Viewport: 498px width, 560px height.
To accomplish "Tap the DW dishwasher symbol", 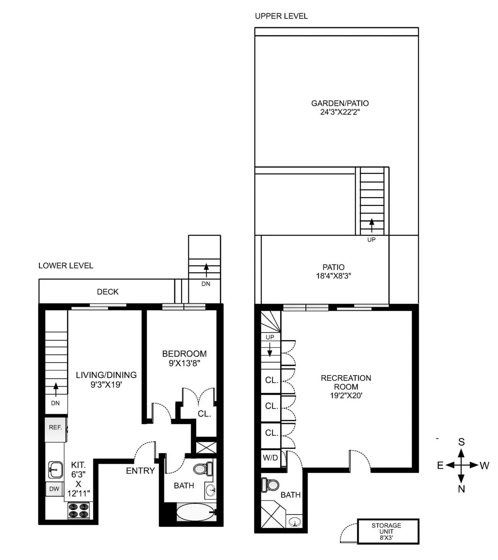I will pos(54,489).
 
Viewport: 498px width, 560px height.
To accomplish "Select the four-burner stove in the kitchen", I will pos(79,510).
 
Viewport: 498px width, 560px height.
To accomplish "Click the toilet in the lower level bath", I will pos(203,469).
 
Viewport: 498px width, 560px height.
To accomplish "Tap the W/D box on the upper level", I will pos(271,458).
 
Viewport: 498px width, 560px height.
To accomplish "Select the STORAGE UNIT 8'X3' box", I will pos(388,531).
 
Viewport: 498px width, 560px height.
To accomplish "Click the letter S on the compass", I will pos(461,442).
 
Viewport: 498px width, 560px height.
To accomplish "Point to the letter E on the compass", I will pos(440,465).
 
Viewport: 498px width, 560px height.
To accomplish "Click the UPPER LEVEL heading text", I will pos(281,16).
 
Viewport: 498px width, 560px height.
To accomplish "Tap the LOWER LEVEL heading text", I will pos(66,265).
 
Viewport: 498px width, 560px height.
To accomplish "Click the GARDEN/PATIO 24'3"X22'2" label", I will pos(340,107).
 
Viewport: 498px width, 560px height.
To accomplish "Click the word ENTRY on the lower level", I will pos(140,471).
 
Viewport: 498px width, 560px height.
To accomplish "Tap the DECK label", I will pos(107,292).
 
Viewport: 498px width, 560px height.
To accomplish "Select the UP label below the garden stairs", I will pos(371,240).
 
